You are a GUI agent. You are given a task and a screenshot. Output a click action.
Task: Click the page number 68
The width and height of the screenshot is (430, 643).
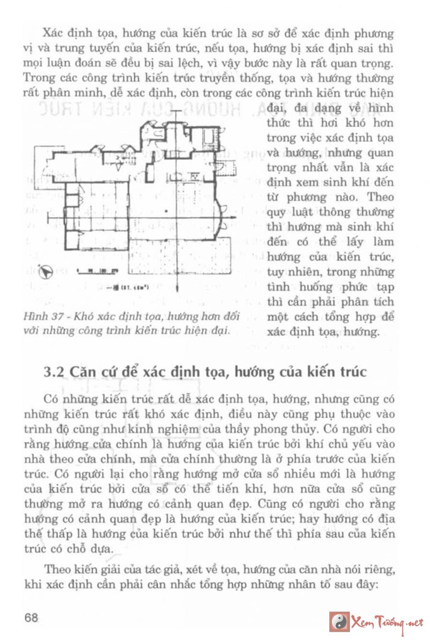coord(31,618)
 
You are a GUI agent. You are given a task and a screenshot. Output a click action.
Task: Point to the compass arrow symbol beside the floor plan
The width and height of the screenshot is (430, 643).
coord(45,272)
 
